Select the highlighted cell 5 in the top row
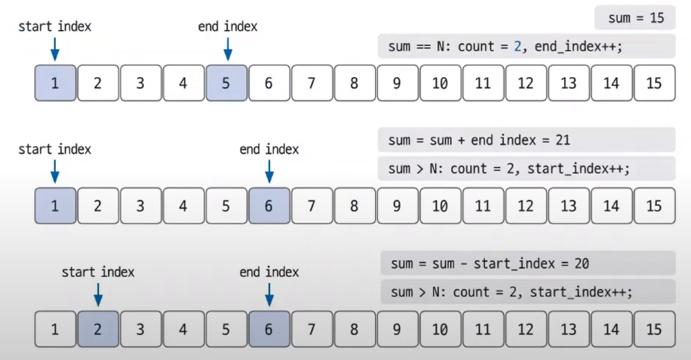click(226, 83)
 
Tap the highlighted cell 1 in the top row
click(54, 83)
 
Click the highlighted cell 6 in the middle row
click(269, 206)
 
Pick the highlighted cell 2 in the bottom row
click(97, 329)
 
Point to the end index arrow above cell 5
click(227, 48)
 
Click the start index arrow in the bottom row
click(98, 294)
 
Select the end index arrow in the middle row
click(269, 171)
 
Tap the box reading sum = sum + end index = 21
click(526, 140)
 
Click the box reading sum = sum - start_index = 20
click(527, 264)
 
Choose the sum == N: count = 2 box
click(526, 46)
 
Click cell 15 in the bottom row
click(654, 329)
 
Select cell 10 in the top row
click(440, 83)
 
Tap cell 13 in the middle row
click(568, 206)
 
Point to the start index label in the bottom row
click(98, 272)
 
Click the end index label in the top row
click(227, 26)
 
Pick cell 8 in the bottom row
click(354, 329)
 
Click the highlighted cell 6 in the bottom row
click(269, 329)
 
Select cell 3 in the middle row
click(140, 206)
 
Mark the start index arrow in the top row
click(54, 48)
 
